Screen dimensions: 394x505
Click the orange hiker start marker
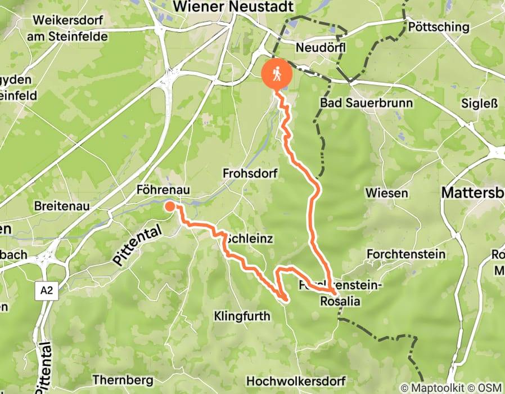pos(277,75)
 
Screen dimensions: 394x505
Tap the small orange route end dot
pos(169,207)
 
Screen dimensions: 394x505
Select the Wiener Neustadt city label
pos(234,6)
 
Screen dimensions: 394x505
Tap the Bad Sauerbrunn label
pos(366,103)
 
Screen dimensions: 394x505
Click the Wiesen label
pos(386,193)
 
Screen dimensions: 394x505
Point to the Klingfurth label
pos(242,316)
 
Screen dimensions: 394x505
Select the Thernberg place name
pos(122,379)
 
